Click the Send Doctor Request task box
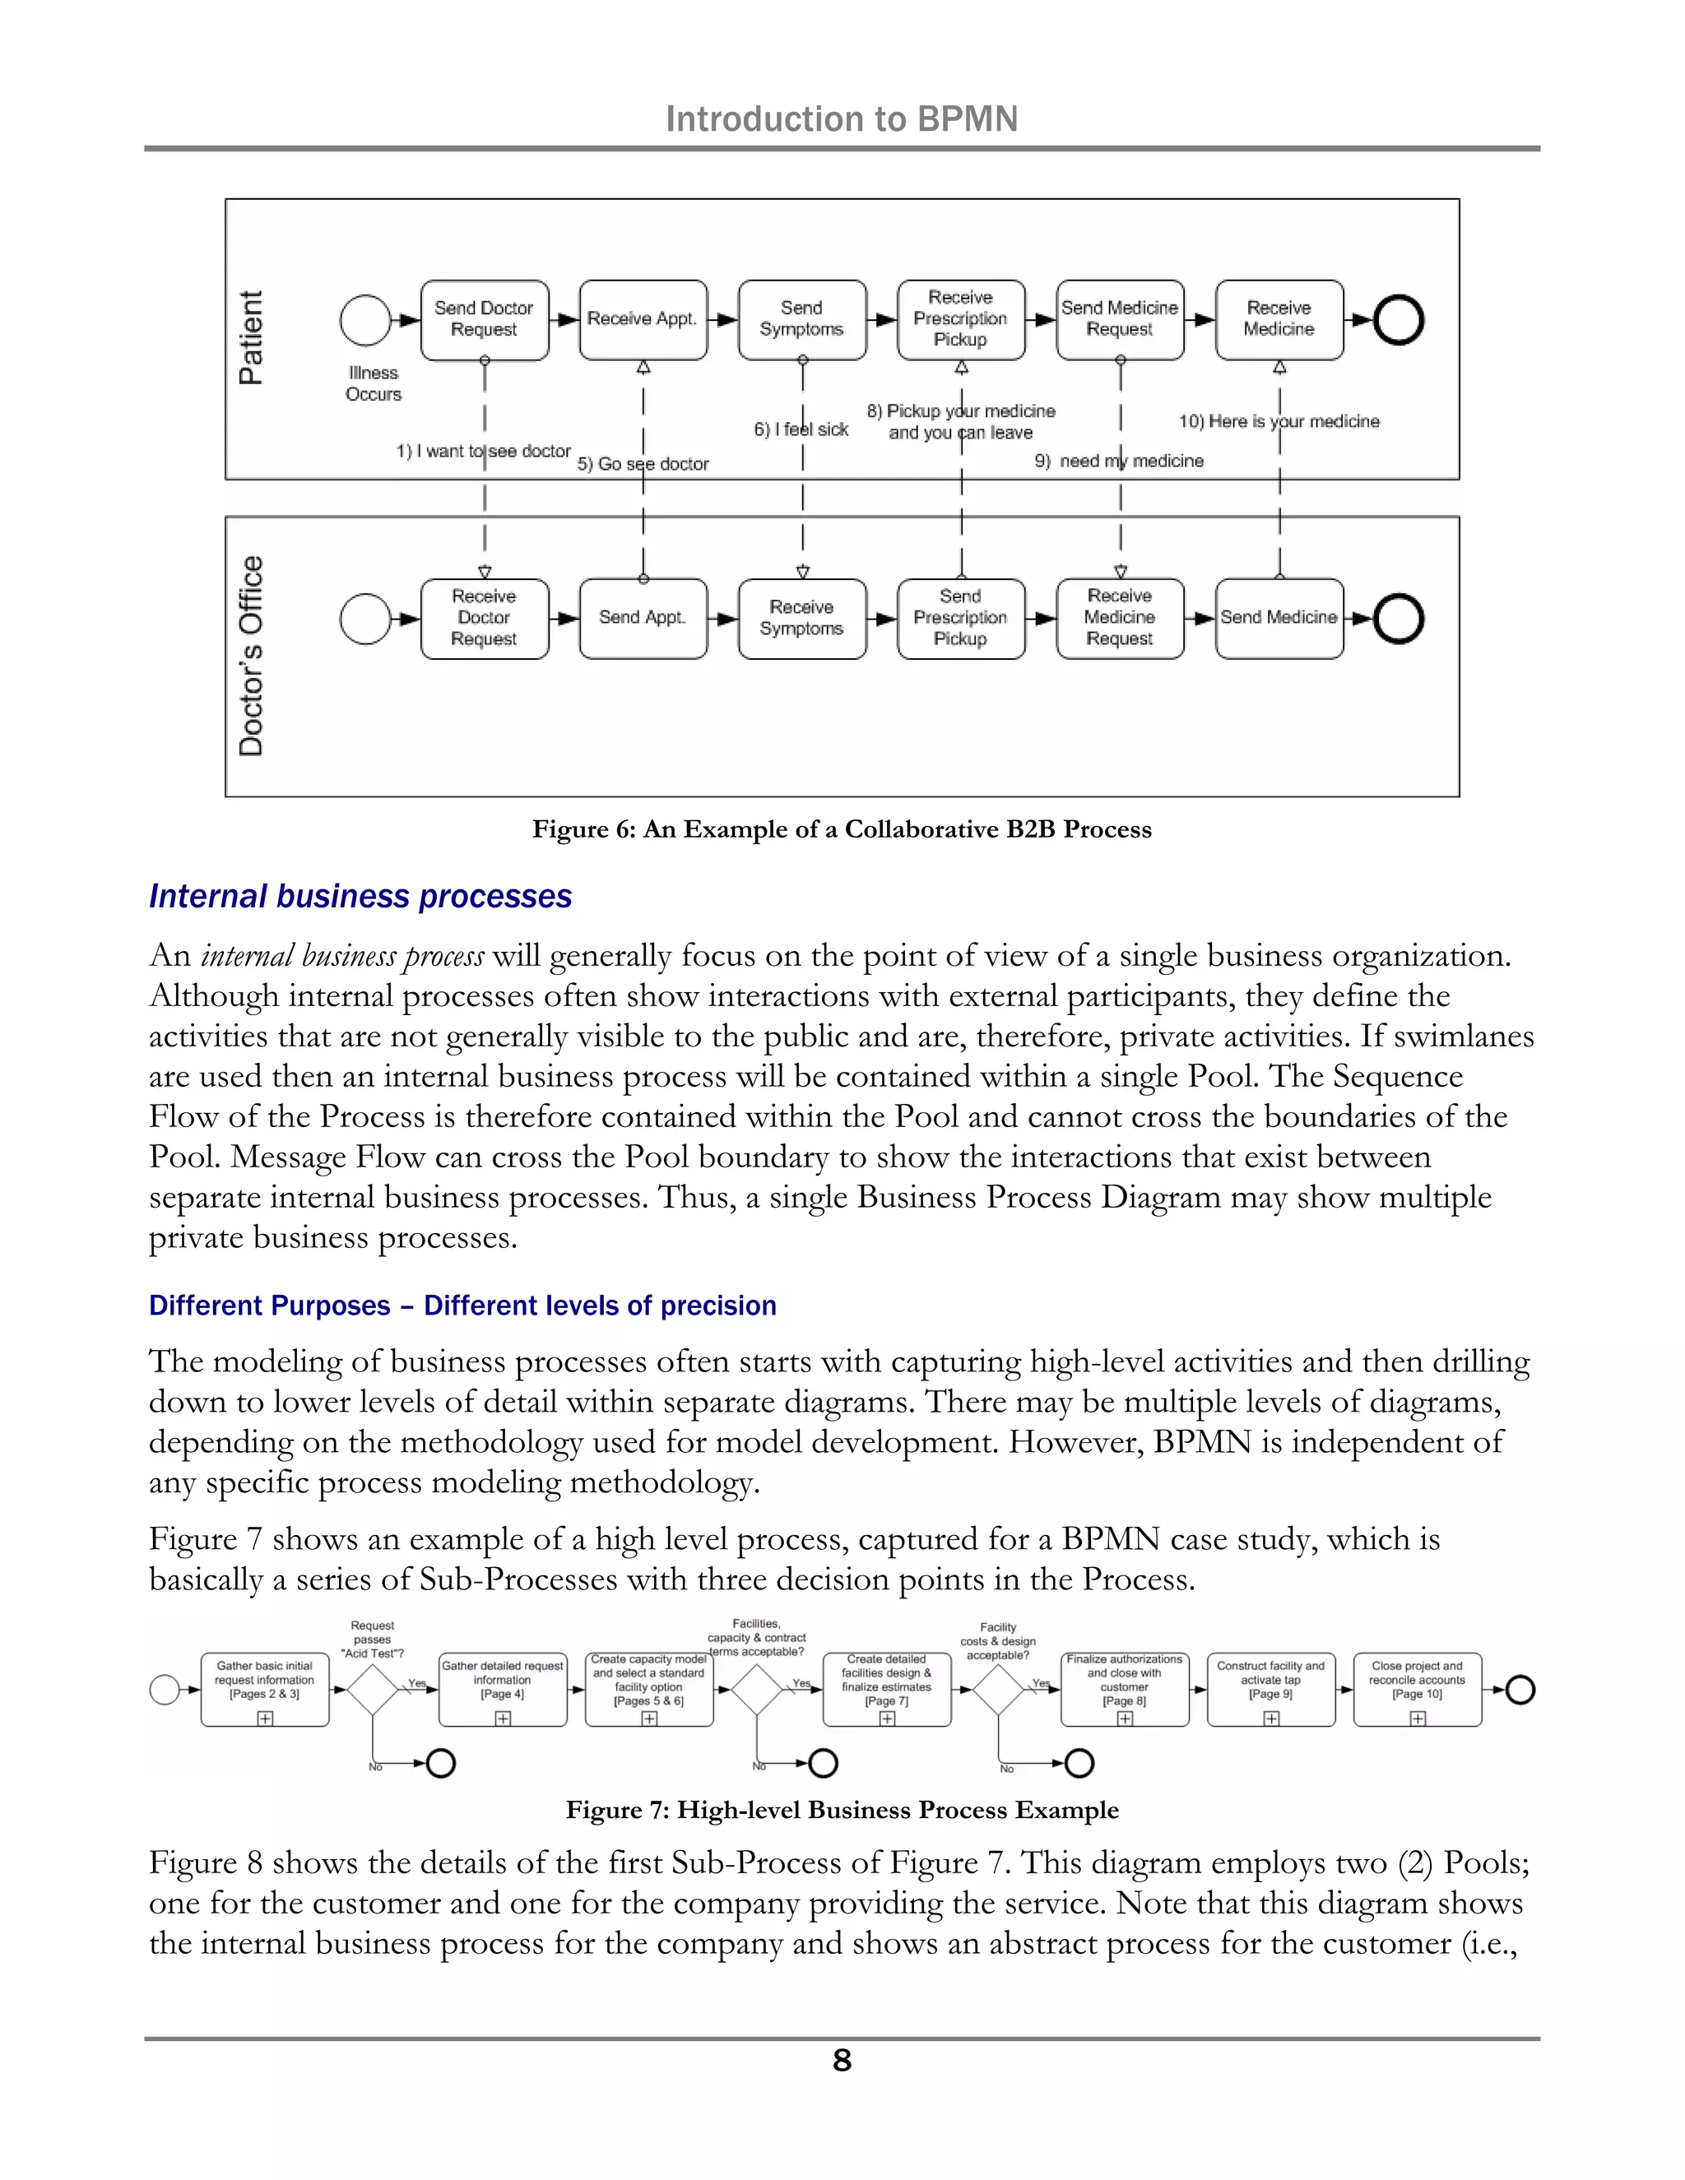484,319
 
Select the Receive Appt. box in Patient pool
643,319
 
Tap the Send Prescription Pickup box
960,618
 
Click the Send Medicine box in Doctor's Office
1279,618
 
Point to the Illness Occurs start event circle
365,320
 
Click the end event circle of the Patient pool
1399,320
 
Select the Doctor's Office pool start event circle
365,619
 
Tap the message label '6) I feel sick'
801,429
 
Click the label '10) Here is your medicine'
1279,421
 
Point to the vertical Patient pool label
251,337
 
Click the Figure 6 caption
842,829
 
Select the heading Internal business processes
360,897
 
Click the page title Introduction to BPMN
842,118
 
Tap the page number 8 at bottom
842,2060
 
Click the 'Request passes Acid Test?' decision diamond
373,1690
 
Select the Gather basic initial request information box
265,1689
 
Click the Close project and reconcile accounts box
1417,1689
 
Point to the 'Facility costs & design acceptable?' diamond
999,1690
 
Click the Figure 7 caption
842,1810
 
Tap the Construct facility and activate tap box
1270,1689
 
